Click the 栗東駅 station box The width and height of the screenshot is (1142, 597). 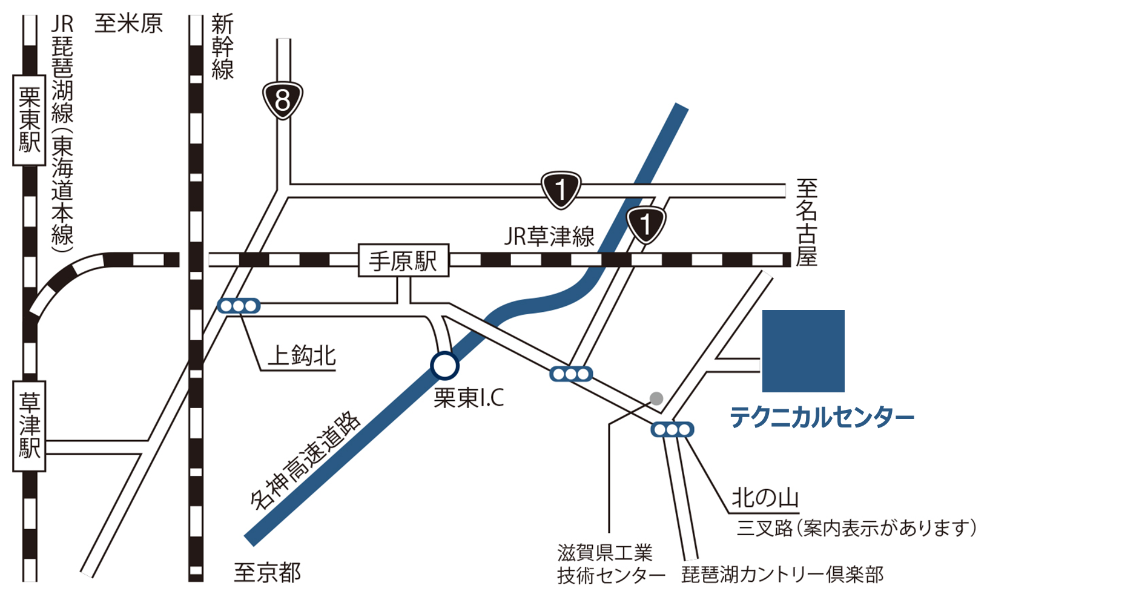pyautogui.click(x=29, y=120)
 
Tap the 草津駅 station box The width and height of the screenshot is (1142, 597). pyautogui.click(x=29, y=426)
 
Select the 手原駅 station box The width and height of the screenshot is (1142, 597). pyautogui.click(x=403, y=261)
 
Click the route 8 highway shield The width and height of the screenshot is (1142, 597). pyautogui.click(x=282, y=100)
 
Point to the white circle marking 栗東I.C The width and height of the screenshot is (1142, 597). pyautogui.click(x=444, y=366)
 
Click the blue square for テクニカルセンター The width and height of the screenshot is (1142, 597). pyautogui.click(x=803, y=351)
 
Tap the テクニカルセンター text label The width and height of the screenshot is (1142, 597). pyautogui.click(x=821, y=418)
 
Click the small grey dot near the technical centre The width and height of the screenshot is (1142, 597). pyautogui.click(x=656, y=398)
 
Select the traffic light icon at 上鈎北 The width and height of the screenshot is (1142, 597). pyautogui.click(x=239, y=306)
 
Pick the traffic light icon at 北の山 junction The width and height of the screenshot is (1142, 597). pyautogui.click(x=672, y=430)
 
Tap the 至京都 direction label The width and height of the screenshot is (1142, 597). pyautogui.click(x=267, y=572)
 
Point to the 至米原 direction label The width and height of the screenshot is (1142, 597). pyautogui.click(x=128, y=24)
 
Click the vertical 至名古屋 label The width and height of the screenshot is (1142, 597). pyautogui.click(x=807, y=223)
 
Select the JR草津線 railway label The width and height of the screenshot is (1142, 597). pyautogui.click(x=549, y=237)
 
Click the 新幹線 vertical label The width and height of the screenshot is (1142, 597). pyautogui.click(x=222, y=47)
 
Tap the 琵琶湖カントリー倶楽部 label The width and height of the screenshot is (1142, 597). pyautogui.click(x=782, y=574)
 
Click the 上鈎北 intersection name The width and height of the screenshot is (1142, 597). pyautogui.click(x=302, y=355)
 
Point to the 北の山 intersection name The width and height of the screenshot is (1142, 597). pyautogui.click(x=765, y=498)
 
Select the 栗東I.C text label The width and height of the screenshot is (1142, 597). pyautogui.click(x=469, y=398)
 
